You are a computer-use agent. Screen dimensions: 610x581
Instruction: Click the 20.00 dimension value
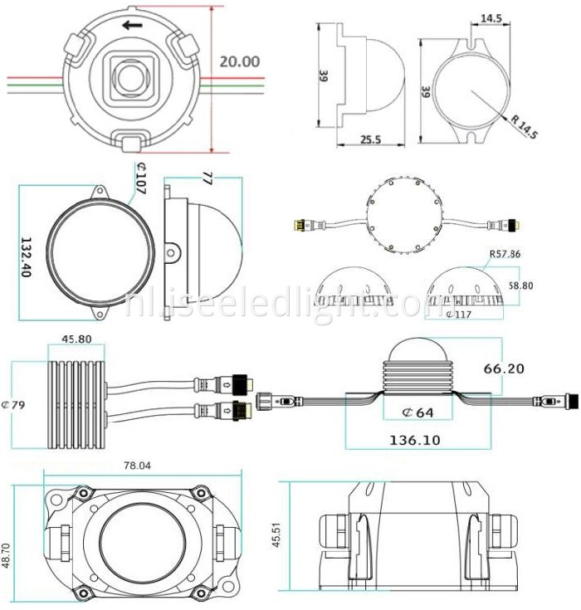point(239,61)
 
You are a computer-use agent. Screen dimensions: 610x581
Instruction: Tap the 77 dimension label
point(207,178)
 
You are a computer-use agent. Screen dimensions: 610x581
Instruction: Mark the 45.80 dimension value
point(76,339)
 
